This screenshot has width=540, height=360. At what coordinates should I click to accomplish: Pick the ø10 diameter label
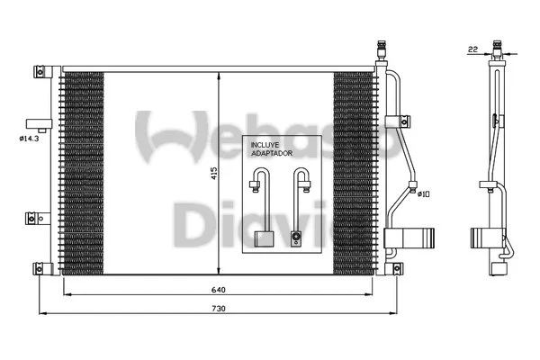click(426, 192)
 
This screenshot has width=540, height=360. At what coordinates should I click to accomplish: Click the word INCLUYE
click(266, 144)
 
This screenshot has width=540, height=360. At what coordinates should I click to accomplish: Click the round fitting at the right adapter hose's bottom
click(294, 238)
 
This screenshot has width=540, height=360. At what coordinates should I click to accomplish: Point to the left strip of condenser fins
click(82, 171)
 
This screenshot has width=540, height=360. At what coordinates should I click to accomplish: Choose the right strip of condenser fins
click(353, 171)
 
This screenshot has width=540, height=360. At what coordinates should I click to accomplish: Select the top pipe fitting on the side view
click(495, 48)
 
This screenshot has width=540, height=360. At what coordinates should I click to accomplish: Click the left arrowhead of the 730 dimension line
click(46, 313)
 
